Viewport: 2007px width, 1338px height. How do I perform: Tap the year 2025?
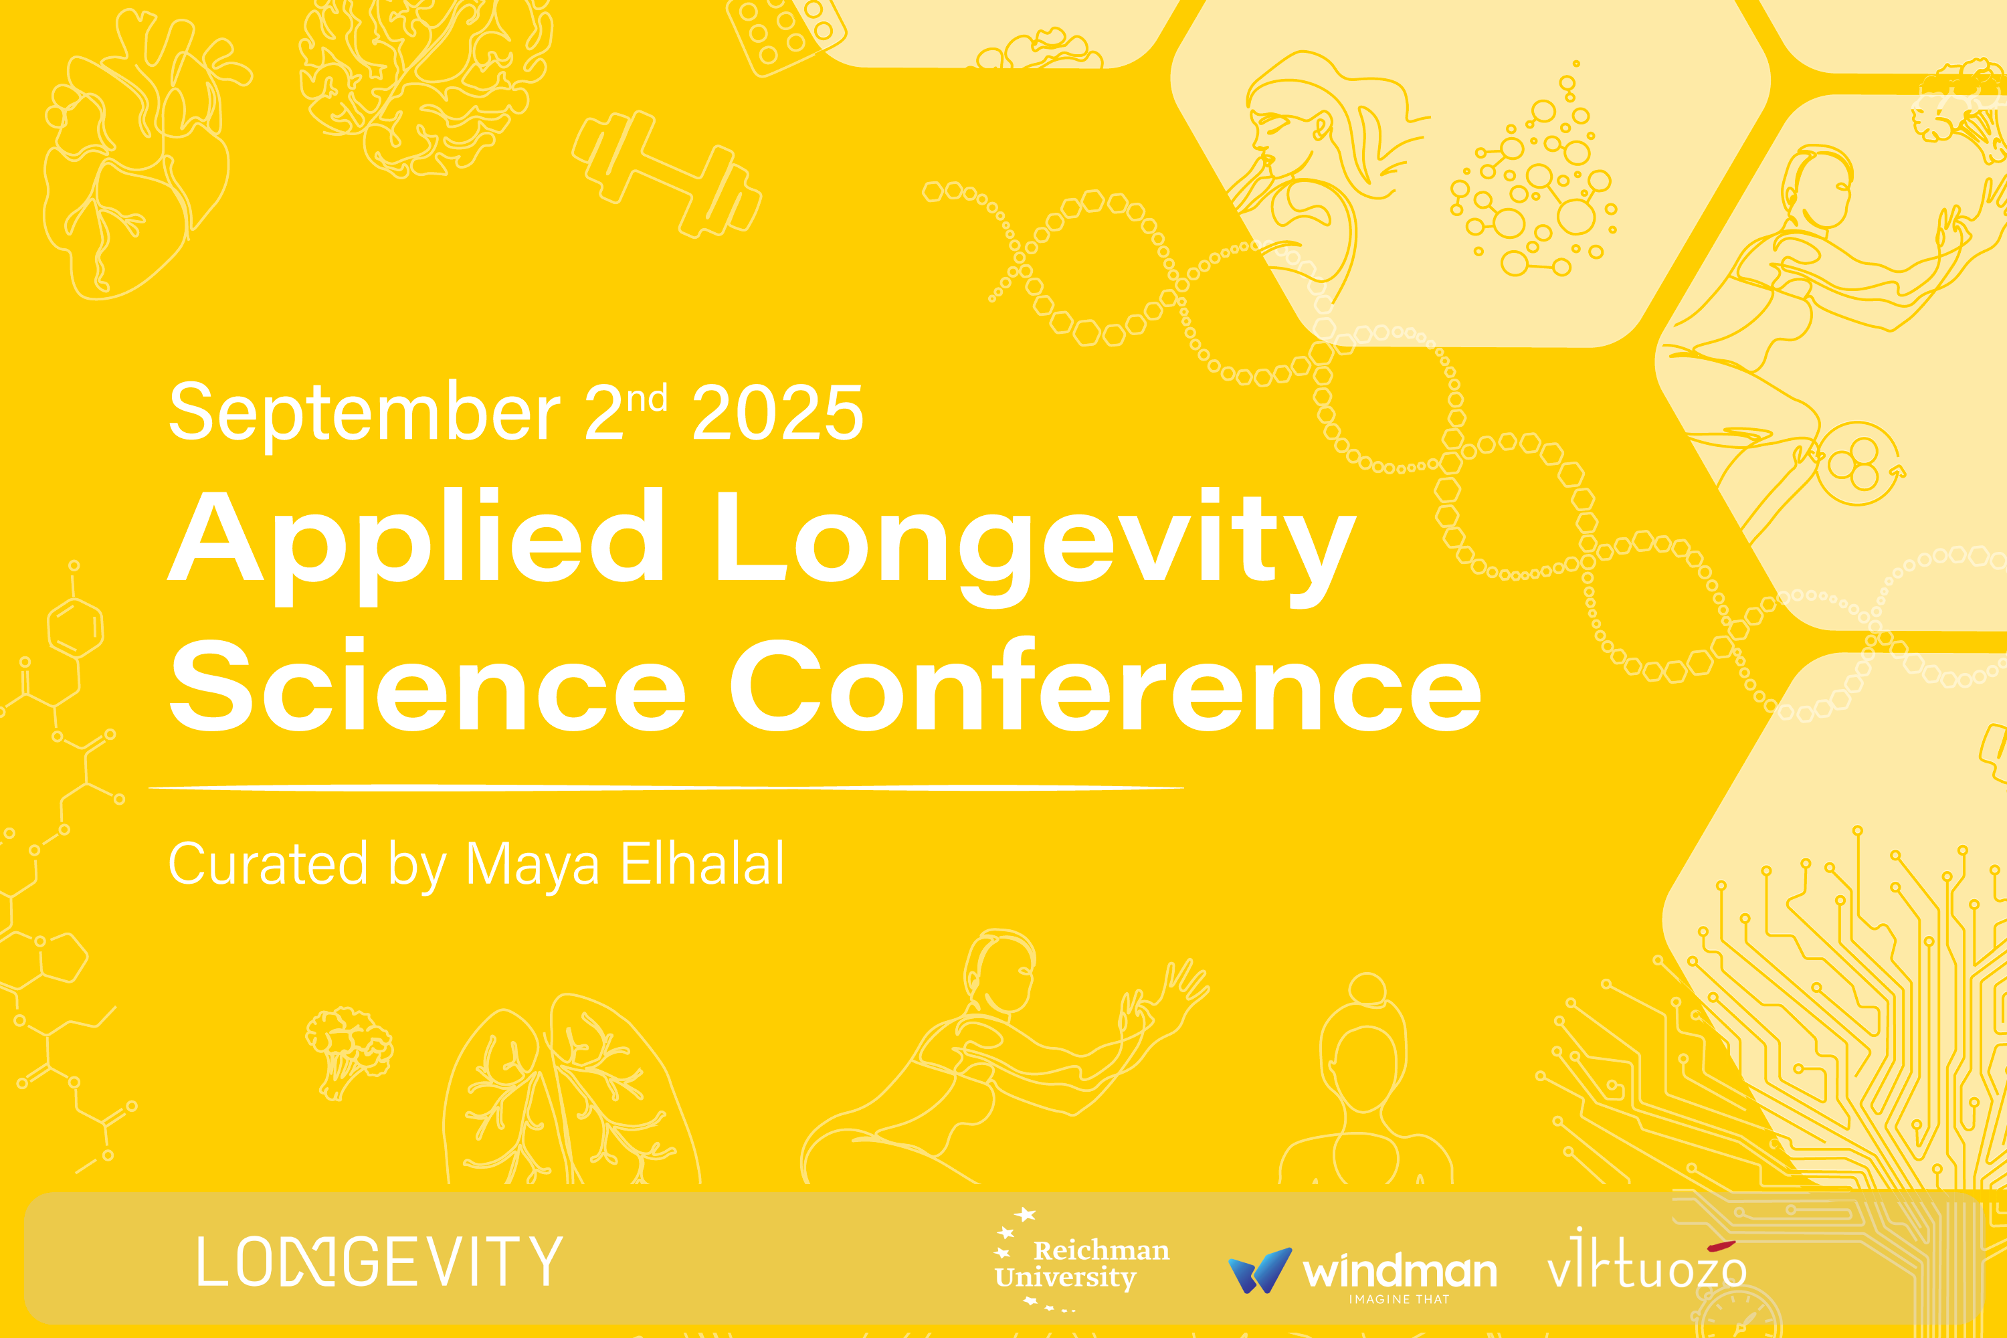coord(777,413)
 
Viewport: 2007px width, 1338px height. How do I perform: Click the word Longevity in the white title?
coord(1035,546)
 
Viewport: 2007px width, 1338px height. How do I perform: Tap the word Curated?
coord(269,864)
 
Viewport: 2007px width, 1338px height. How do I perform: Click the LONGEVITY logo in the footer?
coord(380,1260)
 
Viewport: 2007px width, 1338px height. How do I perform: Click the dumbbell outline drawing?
coord(666,174)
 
